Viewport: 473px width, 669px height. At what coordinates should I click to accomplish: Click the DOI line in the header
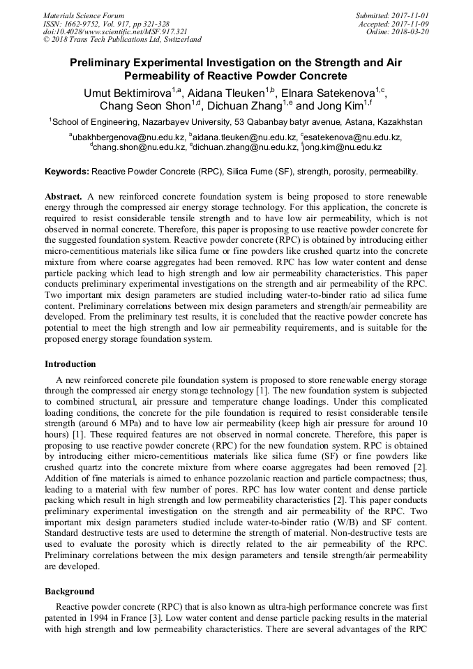[114, 31]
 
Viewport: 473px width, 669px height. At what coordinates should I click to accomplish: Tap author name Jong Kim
[336, 107]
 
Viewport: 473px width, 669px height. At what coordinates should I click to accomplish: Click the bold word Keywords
[67, 171]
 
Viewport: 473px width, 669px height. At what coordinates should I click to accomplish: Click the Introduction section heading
[70, 364]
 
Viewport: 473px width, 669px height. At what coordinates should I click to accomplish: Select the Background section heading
[70, 590]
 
